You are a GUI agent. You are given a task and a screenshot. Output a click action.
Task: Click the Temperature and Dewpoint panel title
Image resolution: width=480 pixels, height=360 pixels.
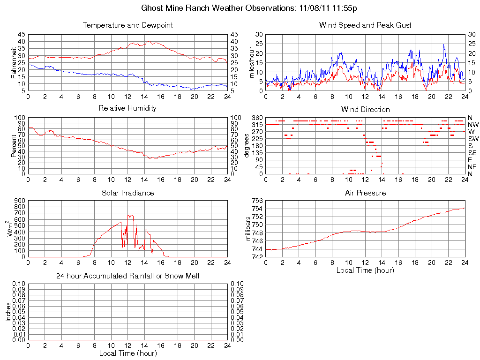pos(127,25)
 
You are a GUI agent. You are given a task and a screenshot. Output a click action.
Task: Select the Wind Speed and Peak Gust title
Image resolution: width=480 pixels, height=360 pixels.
pos(365,25)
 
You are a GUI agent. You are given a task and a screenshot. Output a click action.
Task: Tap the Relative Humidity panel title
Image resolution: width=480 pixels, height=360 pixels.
pos(127,108)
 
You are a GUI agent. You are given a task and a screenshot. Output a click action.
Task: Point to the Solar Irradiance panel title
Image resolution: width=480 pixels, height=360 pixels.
pos(127,193)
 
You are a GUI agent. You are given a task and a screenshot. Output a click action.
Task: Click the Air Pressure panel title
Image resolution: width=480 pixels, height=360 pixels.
pos(365,193)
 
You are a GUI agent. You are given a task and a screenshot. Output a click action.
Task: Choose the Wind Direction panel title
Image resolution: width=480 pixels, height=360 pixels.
pos(365,109)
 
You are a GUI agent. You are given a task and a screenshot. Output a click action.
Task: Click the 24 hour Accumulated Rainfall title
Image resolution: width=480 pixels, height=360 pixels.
pos(127,276)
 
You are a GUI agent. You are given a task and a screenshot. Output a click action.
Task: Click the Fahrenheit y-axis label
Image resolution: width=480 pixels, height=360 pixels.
pos(14,63)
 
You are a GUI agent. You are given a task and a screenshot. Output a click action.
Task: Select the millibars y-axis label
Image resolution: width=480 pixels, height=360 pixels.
pos(249,229)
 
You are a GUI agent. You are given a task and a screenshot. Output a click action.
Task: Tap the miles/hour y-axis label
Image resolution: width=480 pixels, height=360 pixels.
pos(251,63)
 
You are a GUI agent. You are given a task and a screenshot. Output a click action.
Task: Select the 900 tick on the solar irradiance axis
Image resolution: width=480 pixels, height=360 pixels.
pos(19,201)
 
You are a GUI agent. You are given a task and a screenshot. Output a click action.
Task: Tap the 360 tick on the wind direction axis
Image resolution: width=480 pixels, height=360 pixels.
pos(257,118)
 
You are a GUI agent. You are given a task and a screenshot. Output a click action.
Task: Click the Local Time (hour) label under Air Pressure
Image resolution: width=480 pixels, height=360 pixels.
pos(365,270)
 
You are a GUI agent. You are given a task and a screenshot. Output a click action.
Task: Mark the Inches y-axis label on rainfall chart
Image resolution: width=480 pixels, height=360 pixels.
pos(8,311)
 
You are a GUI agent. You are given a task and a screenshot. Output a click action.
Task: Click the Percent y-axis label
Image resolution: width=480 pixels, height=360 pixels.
pos(14,146)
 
